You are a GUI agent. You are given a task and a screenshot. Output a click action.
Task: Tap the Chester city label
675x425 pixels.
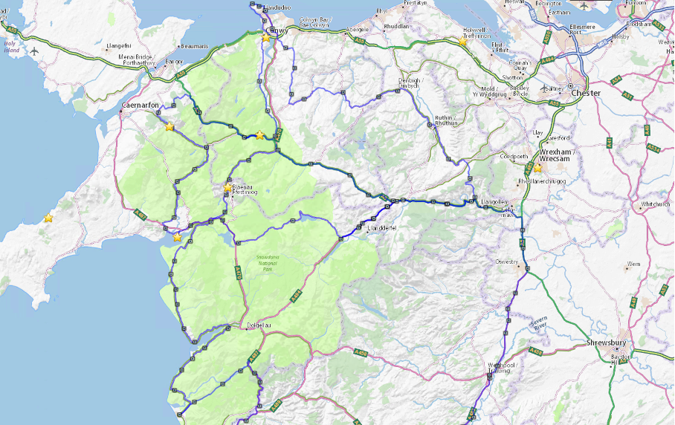[x=586, y=94]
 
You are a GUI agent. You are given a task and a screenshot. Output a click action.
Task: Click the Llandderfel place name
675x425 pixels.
[x=383, y=229]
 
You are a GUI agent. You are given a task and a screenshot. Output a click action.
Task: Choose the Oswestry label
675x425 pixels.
[x=508, y=262]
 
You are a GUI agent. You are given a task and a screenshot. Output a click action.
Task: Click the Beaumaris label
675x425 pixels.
[x=194, y=46]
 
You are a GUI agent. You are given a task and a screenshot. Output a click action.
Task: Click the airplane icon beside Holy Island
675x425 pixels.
[x=34, y=51]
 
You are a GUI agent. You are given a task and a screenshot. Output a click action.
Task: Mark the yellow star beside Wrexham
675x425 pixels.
[x=537, y=168]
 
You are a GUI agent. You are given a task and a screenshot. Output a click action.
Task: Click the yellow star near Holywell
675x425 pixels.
[x=462, y=42]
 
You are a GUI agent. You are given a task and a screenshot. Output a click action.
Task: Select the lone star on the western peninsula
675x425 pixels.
[x=48, y=218]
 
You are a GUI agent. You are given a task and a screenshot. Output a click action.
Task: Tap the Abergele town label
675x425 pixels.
[x=358, y=28]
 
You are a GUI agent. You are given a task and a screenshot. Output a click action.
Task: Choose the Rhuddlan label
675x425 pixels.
[x=396, y=25]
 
